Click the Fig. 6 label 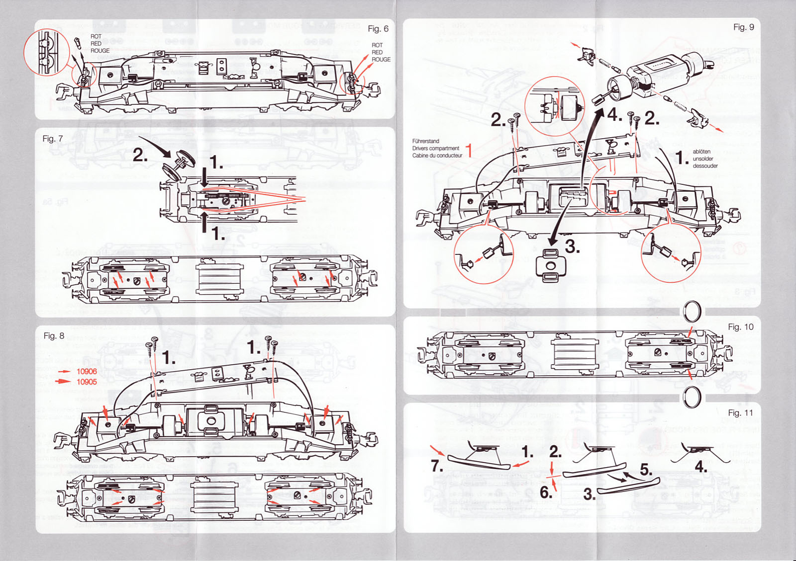point(378,29)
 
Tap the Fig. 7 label point(52,139)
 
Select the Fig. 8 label point(54,336)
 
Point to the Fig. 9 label point(743,27)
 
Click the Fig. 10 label point(740,327)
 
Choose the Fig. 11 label point(740,413)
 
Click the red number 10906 point(87,372)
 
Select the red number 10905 point(87,382)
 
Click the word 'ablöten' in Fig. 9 point(701,152)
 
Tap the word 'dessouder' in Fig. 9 point(705,166)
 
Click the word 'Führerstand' point(425,141)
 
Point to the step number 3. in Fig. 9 point(572,246)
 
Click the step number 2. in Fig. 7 point(140,156)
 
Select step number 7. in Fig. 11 point(436,466)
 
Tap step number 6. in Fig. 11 point(546,492)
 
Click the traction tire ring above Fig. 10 point(692,312)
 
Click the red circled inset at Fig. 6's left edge point(46,52)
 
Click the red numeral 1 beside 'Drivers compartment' point(469,150)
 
